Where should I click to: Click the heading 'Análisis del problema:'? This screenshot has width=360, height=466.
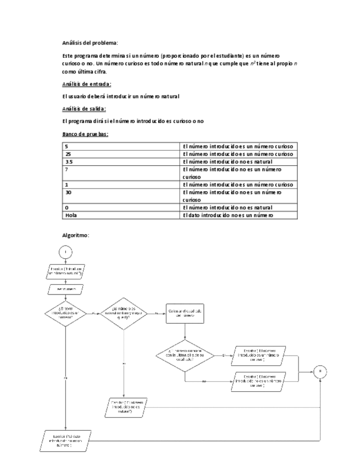click(x=90, y=42)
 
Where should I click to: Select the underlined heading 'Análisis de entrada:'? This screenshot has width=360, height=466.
click(x=87, y=84)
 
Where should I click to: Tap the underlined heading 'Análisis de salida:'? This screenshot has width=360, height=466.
click(x=85, y=108)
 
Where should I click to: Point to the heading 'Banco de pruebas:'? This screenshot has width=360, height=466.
click(x=85, y=134)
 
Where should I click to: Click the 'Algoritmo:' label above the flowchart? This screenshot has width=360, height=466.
click(x=76, y=235)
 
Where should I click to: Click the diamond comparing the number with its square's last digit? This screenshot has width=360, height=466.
click(x=185, y=356)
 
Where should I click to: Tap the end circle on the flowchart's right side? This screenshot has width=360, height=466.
click(x=322, y=372)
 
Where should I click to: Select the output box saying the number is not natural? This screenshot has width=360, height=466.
click(x=126, y=407)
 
